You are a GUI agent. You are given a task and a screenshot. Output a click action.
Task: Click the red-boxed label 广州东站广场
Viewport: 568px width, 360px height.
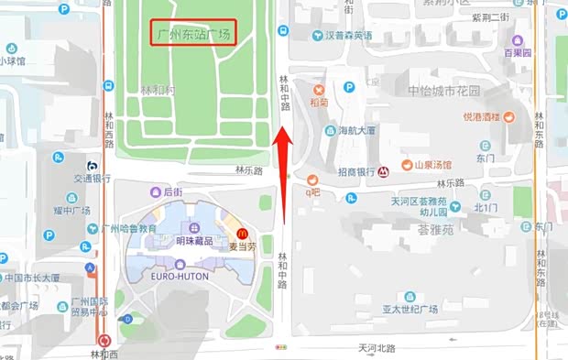click(x=194, y=34)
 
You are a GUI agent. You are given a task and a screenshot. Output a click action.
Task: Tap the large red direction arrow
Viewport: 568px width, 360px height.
click(x=285, y=174)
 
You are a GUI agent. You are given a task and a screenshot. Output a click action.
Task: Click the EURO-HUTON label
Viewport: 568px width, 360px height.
click(x=180, y=276)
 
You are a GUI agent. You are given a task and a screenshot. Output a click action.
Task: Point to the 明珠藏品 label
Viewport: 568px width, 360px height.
click(x=193, y=241)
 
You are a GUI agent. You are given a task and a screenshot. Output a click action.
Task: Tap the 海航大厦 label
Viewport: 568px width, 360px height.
click(x=357, y=131)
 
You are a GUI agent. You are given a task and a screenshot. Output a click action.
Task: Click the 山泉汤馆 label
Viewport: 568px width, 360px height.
click(x=433, y=165)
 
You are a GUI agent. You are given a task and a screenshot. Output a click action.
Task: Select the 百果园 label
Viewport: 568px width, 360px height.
click(x=518, y=53)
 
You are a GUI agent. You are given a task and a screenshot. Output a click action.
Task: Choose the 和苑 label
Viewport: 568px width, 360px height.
click(x=319, y=103)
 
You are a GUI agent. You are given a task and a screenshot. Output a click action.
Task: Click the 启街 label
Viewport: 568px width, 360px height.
click(x=172, y=191)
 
